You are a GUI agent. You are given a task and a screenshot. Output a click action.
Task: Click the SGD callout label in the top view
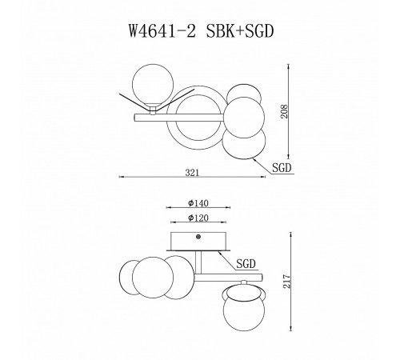pos(282,169)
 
